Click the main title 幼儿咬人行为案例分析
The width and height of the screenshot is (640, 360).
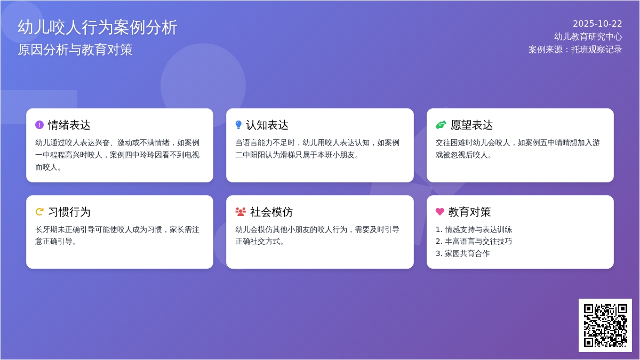click(98, 27)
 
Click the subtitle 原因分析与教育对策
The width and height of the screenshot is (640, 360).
click(75, 50)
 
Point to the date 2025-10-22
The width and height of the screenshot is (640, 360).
click(597, 24)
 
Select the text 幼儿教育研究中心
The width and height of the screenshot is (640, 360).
click(588, 37)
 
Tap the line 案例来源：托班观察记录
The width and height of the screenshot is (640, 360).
click(575, 50)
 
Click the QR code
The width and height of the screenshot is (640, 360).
click(605, 325)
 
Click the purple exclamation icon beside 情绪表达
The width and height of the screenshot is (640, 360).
click(39, 125)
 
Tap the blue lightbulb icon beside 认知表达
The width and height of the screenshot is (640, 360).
click(238, 125)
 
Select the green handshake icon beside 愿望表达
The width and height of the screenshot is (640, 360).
click(441, 125)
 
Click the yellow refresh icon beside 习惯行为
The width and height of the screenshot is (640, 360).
click(39, 212)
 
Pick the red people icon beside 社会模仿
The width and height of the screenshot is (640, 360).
click(241, 212)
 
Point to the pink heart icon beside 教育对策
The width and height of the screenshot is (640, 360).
click(440, 212)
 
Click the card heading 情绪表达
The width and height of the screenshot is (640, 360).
click(69, 125)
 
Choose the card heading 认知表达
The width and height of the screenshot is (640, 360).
click(267, 125)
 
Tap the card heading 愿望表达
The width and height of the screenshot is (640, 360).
click(472, 125)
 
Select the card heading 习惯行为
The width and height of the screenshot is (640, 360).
click(69, 212)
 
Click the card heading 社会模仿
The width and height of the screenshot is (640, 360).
click(271, 212)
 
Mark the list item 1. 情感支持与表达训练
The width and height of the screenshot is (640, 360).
click(474, 229)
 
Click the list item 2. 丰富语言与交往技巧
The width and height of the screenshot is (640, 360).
click(474, 241)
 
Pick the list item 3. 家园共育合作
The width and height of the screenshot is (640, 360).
click(462, 253)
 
